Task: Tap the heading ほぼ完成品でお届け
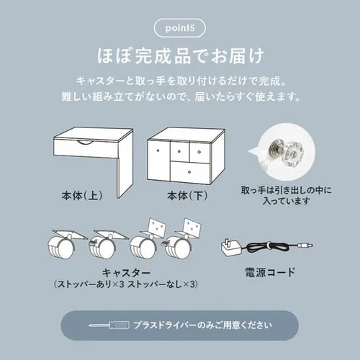coord(179,55)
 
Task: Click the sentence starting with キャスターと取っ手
coord(179,78)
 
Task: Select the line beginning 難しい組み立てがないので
coord(179,96)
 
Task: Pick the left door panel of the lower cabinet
coord(159,161)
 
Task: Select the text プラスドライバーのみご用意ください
coord(202,325)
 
